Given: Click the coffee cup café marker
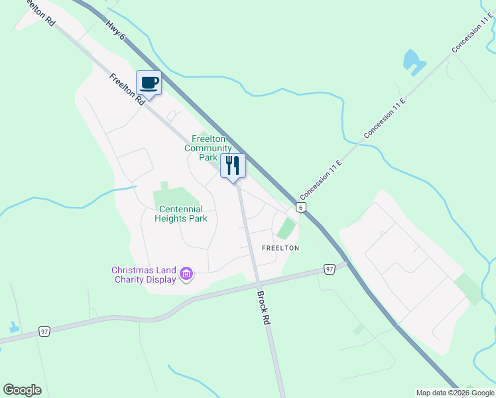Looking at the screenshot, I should coord(149,84).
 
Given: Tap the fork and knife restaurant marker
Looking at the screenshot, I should coord(232,166).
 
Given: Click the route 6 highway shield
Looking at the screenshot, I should coord(301,208).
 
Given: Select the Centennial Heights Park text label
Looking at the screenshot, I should coord(180,214).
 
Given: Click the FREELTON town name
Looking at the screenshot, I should coord(280,248).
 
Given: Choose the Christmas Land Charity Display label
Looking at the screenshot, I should coord(144,275).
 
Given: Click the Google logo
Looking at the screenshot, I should coord(22,390).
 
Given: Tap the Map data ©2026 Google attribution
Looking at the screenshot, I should coord(455,393).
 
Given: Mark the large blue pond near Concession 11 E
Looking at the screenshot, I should coord(413,62).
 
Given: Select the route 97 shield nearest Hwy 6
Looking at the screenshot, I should coord(330,269).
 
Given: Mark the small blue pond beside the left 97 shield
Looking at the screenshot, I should coord(13,327).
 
